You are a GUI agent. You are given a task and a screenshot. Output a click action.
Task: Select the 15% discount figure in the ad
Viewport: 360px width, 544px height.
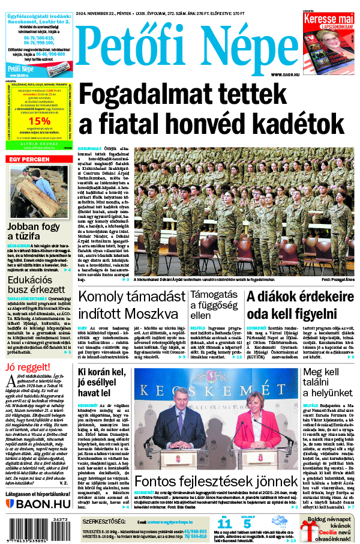pos(39,119)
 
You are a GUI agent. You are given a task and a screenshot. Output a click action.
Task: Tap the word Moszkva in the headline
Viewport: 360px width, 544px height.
pos(157,313)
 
